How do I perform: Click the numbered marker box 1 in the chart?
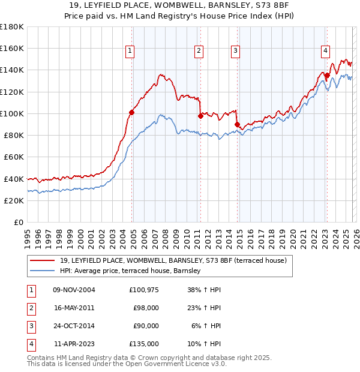[130, 52]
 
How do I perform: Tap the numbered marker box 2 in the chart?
[198, 52]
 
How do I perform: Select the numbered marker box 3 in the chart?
[236, 52]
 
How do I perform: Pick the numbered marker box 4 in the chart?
[325, 52]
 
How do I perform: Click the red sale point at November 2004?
[132, 112]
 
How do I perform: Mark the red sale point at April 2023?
[327, 75]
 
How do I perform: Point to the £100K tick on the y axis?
[12, 113]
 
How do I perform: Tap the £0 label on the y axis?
[19, 222]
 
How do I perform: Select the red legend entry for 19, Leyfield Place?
[173, 260]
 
